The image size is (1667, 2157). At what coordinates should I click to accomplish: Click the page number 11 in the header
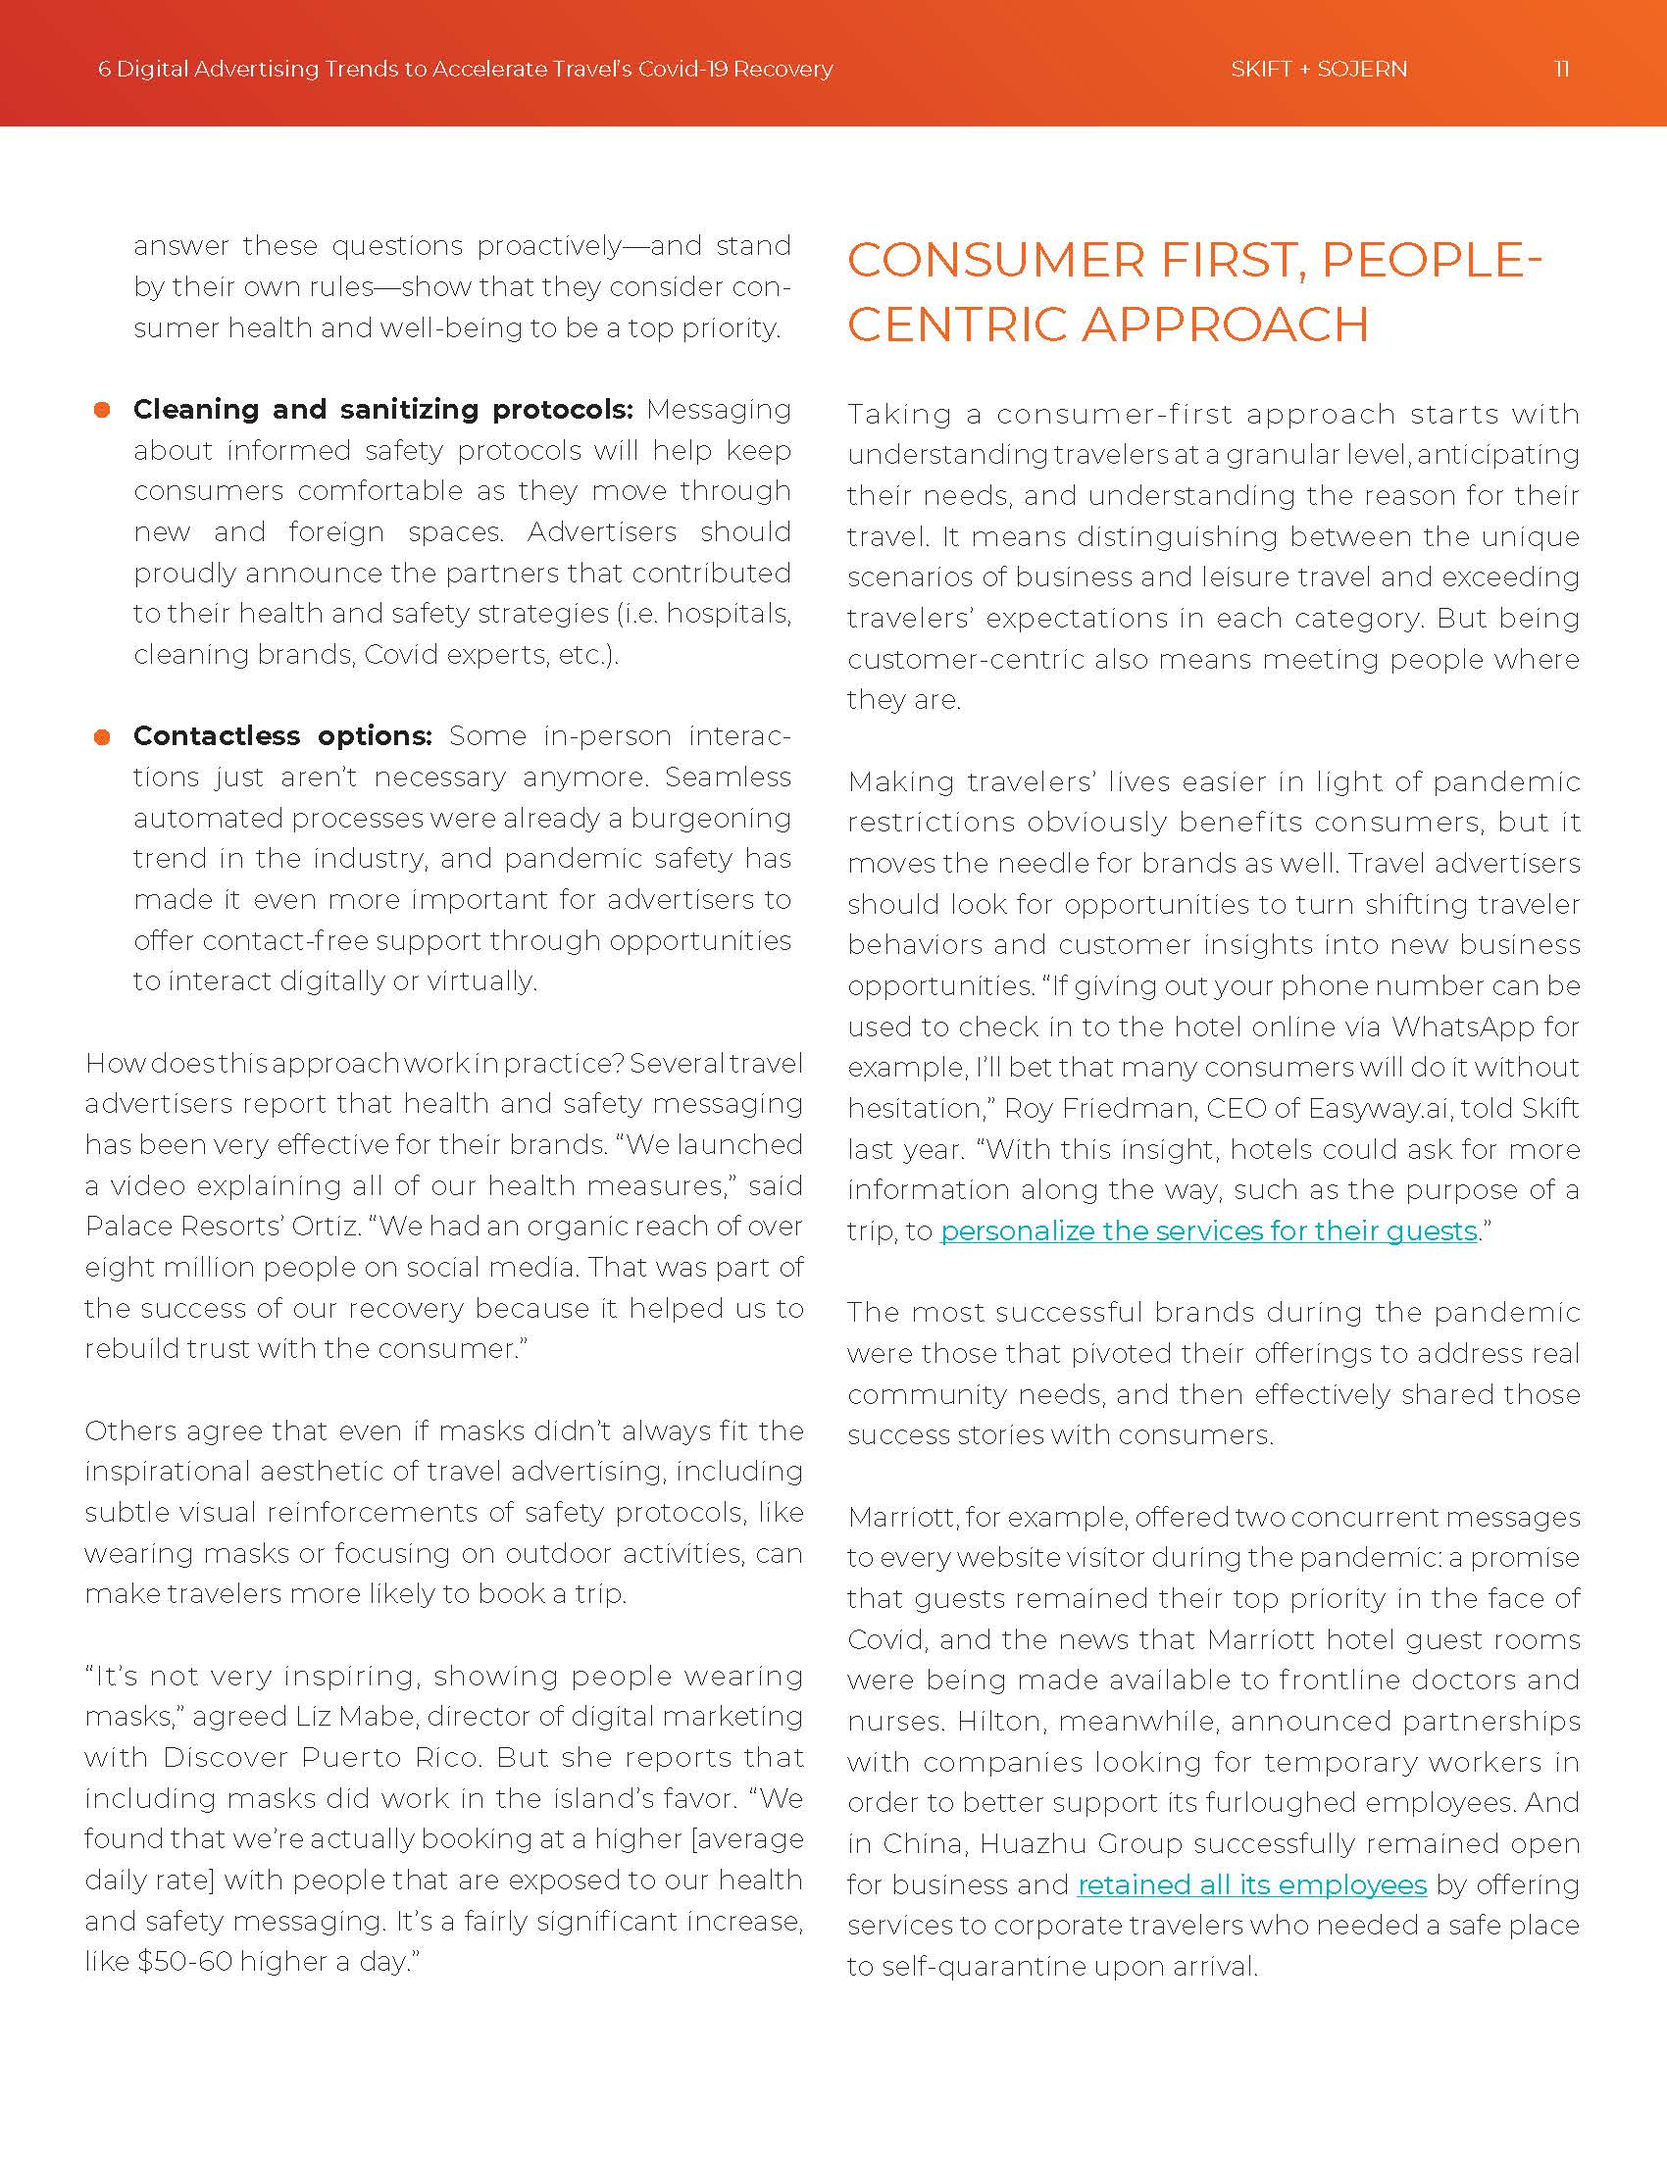coord(1560,70)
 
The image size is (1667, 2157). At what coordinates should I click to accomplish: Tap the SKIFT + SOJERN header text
coord(1318,70)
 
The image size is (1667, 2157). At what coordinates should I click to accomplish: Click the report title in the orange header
coord(465,70)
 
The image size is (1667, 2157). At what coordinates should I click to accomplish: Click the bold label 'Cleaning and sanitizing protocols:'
coord(383,409)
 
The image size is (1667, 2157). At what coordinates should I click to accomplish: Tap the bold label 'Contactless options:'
coord(282,735)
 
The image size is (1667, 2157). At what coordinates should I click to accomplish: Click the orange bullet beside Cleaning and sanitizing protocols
coord(102,410)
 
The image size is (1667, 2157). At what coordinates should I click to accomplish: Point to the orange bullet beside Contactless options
coord(102,736)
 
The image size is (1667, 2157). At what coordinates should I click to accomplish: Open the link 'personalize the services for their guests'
coord(1208,1230)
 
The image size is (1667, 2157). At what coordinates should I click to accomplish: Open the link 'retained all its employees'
coord(1251,1884)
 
